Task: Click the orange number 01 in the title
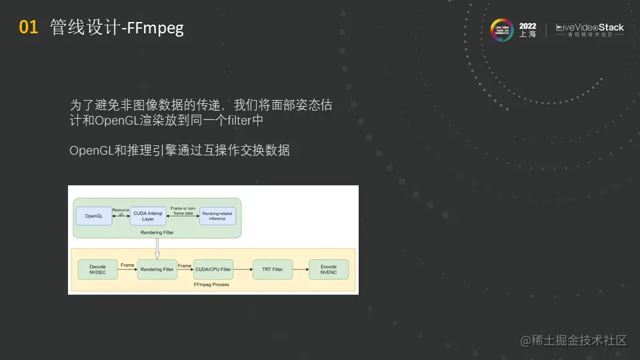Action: [28, 27]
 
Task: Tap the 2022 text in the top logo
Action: [527, 27]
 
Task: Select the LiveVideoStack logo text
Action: [590, 28]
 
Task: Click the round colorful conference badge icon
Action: [501, 30]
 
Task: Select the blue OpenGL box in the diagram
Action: [94, 216]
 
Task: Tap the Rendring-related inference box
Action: [217, 216]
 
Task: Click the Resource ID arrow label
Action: [120, 211]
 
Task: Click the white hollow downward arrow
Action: [156, 248]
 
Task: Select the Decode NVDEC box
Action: [97, 269]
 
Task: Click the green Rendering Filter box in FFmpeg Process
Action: [157, 269]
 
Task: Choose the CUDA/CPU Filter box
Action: [213, 269]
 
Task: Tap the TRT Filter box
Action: [272, 269]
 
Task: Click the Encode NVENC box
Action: [329, 269]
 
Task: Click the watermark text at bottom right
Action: [574, 341]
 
